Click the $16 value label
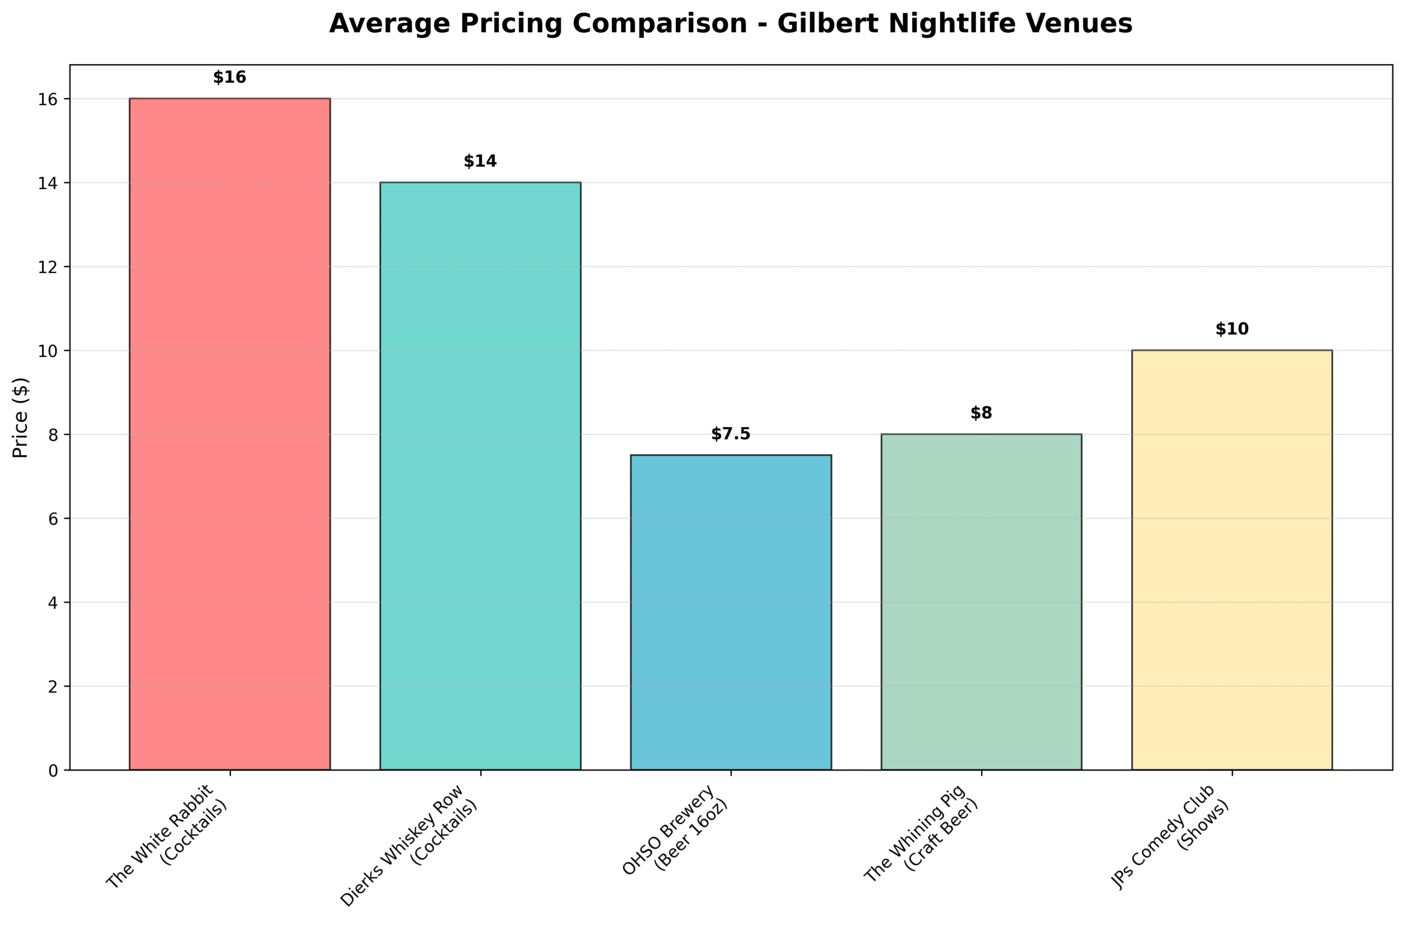point(230,77)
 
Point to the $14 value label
point(480,162)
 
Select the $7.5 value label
point(731,434)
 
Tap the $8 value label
point(981,413)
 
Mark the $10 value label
point(1232,329)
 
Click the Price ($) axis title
point(21,417)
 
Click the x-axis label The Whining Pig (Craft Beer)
point(923,835)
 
